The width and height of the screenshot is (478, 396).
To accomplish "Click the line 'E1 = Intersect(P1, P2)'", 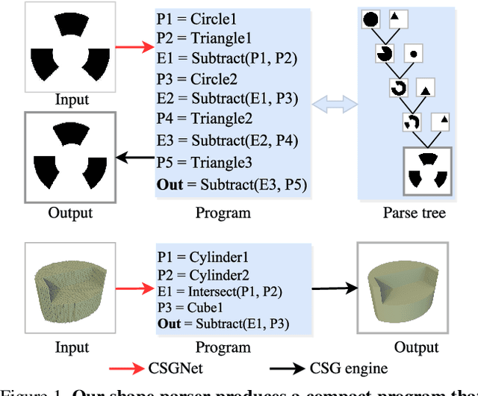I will click(x=220, y=291).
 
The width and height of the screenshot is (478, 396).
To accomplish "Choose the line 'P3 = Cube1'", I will click(x=192, y=306).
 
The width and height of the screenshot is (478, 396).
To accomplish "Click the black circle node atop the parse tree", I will click(x=370, y=18).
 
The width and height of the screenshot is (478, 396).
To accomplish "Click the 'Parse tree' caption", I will click(x=413, y=213).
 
